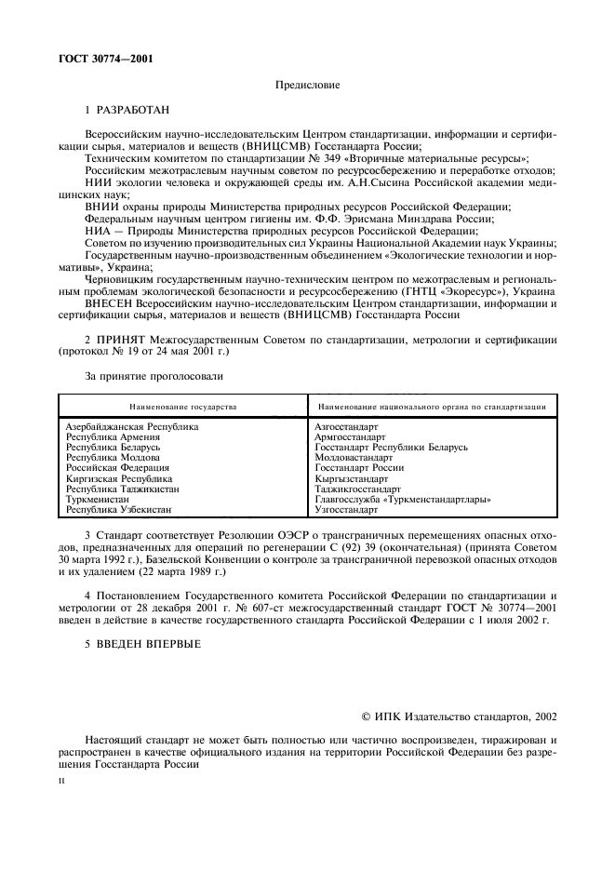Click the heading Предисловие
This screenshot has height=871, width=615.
tap(307, 86)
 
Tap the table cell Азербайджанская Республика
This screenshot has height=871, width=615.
tap(132, 426)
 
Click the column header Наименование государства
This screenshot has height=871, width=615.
tap(183, 407)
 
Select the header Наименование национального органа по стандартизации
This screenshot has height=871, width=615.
tap(431, 407)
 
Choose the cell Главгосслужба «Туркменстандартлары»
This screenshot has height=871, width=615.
tap(403, 499)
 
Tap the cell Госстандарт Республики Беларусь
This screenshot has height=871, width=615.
tap(391, 447)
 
